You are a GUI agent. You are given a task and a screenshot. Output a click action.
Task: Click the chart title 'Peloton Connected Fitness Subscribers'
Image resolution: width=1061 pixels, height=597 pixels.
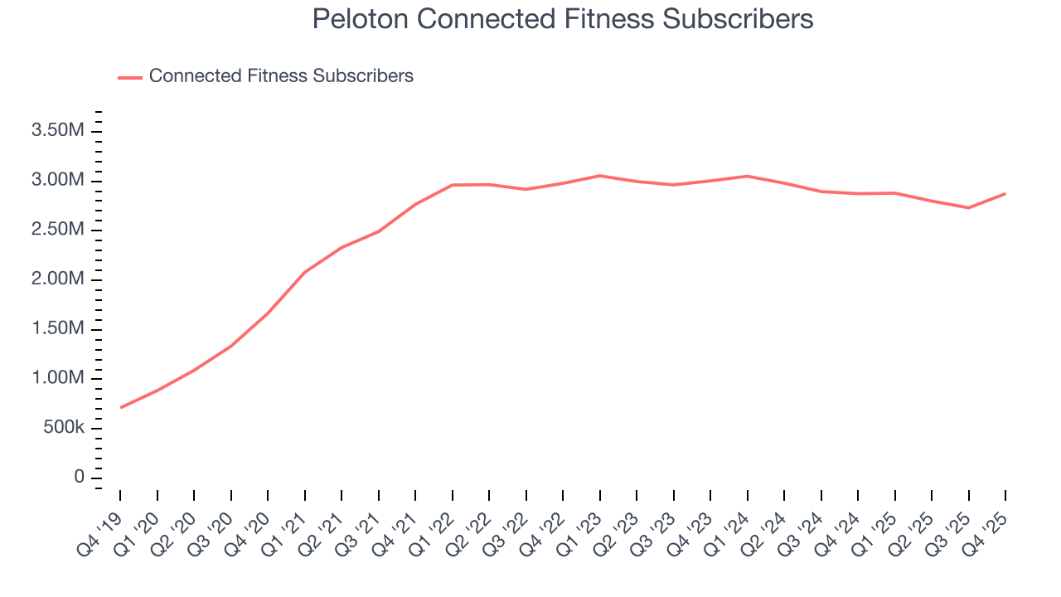[x=563, y=19]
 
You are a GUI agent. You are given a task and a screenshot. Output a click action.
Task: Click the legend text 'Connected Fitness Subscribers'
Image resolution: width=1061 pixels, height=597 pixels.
[x=281, y=76]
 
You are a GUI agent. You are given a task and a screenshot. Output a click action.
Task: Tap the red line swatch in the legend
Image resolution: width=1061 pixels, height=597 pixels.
[x=130, y=77]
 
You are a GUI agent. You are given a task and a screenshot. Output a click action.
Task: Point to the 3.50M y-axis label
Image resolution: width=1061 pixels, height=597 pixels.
[x=56, y=131]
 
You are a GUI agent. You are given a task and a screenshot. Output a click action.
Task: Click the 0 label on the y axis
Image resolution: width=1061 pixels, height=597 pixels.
[x=79, y=477]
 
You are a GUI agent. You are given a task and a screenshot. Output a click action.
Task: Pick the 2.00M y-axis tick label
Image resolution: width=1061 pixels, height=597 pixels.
[x=56, y=279]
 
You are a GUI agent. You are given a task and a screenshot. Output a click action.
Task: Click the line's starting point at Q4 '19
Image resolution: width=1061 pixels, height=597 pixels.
[x=121, y=407]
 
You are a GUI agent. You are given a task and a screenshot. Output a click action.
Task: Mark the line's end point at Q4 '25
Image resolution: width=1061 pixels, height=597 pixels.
[x=1005, y=193]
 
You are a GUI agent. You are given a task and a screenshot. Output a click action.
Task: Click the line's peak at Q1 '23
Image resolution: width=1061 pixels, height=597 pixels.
[x=600, y=176]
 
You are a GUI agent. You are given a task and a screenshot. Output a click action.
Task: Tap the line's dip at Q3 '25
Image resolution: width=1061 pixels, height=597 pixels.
[x=968, y=207]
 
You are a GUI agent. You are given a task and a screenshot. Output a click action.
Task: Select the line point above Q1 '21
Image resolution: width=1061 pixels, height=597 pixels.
[x=305, y=272]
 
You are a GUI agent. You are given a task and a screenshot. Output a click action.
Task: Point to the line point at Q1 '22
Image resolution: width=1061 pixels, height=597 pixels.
[x=453, y=185]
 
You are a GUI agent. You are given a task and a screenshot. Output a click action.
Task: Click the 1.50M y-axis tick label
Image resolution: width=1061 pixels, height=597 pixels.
[x=56, y=329]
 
